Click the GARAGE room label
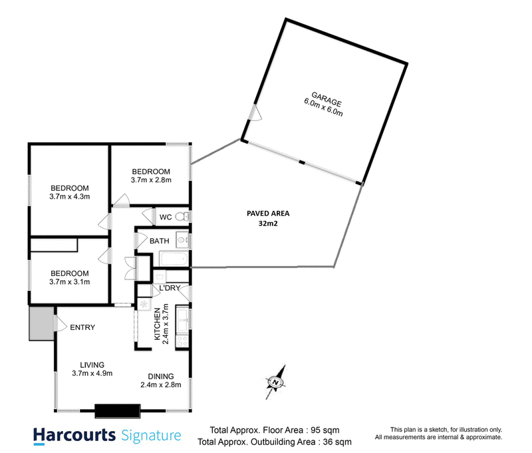(x=327, y=98)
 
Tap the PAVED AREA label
(x=268, y=214)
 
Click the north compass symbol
(x=275, y=382)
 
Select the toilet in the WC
(x=182, y=216)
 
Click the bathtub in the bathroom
(x=174, y=259)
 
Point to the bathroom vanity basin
(x=182, y=240)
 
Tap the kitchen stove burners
(x=182, y=341)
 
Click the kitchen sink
(x=182, y=319)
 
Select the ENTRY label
(x=82, y=327)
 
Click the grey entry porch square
(x=41, y=323)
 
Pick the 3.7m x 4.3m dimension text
(x=70, y=196)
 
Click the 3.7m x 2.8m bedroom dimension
(x=151, y=180)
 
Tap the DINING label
(x=161, y=377)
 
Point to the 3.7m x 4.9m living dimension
(x=92, y=373)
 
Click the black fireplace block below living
(x=118, y=411)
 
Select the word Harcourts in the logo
(x=74, y=435)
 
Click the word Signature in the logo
(x=151, y=436)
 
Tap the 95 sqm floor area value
(x=325, y=430)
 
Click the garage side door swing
(x=255, y=112)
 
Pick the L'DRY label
(x=170, y=288)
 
